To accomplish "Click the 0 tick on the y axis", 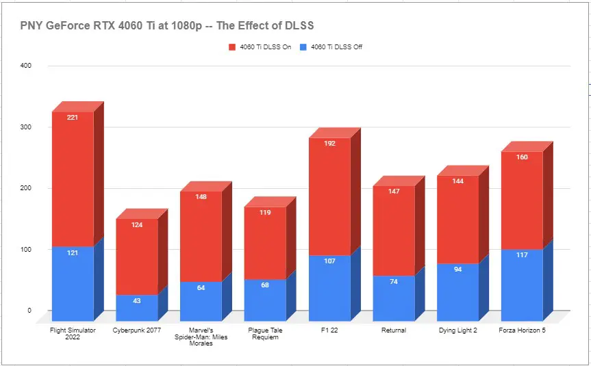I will point(29,311).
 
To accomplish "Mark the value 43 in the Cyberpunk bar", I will point(136,302).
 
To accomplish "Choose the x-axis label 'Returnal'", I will point(394,330).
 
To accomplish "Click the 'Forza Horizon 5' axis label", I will point(523,330).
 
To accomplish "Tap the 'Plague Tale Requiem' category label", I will point(265,334).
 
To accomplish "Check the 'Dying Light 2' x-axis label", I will point(458,330).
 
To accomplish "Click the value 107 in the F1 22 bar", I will point(329,261).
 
